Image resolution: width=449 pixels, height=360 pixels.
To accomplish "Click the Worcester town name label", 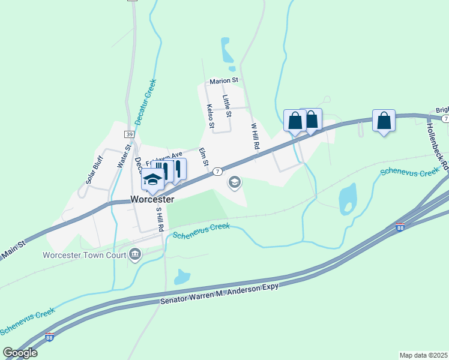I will (152, 199).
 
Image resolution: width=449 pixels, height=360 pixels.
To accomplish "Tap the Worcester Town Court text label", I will (84, 254).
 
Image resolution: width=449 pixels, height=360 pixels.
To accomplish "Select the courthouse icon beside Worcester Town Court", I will (135, 255).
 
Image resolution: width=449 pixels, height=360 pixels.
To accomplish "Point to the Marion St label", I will (224, 80).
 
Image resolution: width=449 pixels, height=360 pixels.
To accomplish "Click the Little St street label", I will (227, 102).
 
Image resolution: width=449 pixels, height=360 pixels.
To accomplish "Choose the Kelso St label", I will (211, 116).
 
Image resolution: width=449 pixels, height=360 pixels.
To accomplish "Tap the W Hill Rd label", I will (255, 136).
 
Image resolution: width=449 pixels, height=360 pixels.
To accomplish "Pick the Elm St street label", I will (203, 157).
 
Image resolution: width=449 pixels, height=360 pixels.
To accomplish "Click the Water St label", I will (128, 154).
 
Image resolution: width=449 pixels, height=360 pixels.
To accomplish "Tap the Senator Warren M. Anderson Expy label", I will (220, 295).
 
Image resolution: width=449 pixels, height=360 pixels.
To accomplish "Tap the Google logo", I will (20, 353).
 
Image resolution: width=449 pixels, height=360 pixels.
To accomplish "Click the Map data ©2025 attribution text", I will (423, 355).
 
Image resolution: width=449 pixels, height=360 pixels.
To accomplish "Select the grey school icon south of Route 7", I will (235, 182).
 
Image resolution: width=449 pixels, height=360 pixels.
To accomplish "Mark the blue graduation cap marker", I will (152, 179).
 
